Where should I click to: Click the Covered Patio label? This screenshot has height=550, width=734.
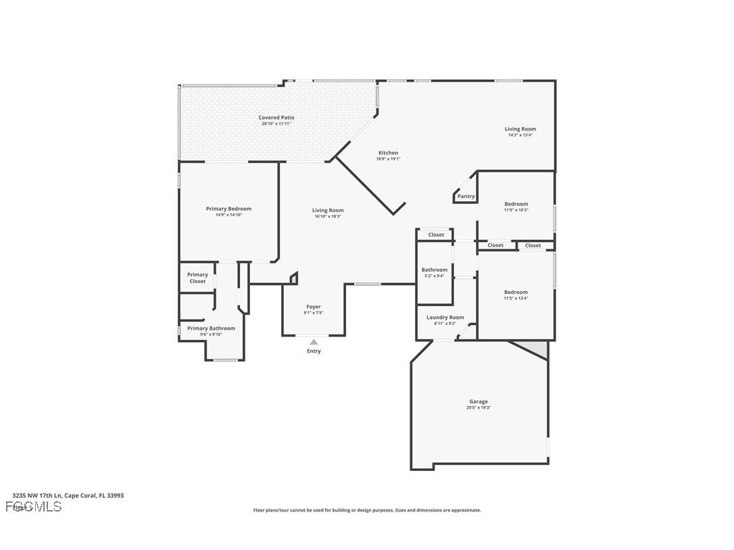tap(276, 118)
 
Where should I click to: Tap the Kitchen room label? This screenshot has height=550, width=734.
tap(388, 153)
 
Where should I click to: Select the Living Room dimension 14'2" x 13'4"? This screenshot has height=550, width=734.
tap(520, 135)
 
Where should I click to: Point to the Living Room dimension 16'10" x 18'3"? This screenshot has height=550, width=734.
tap(328, 216)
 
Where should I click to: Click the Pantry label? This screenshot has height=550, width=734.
tap(466, 197)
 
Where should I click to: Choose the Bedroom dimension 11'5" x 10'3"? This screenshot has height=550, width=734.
tap(516, 210)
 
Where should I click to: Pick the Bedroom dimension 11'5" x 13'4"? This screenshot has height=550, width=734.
tap(516, 299)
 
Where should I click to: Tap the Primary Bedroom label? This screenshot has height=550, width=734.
tap(228, 209)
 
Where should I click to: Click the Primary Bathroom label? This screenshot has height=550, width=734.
tap(211, 328)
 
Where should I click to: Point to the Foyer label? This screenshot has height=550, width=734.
tap(314, 307)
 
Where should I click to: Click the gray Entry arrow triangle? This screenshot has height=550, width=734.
tap(314, 343)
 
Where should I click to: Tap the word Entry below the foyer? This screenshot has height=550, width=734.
tap(314, 351)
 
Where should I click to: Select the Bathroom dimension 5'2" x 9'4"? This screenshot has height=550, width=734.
tap(435, 276)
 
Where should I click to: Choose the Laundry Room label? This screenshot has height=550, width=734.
tap(445, 318)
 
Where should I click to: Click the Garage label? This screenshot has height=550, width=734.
tap(479, 401)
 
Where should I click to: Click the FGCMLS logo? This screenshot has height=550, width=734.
tap(34, 507)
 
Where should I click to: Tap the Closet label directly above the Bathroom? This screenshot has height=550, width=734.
tap(436, 235)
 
